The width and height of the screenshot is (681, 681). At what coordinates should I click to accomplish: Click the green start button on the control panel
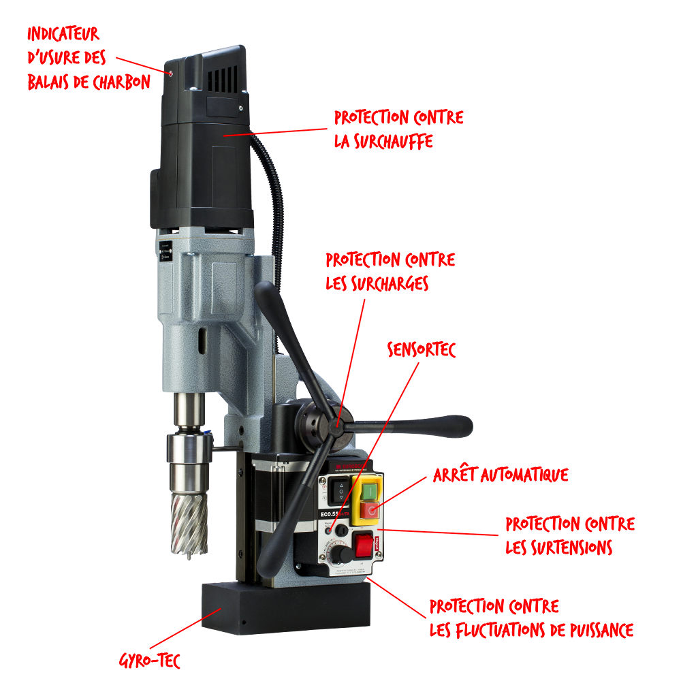click(368, 492)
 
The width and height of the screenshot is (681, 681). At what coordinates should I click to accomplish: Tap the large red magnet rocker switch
click(364, 545)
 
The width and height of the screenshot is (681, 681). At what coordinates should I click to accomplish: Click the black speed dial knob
click(342, 554)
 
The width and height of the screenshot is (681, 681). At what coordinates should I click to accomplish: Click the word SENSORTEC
click(422, 349)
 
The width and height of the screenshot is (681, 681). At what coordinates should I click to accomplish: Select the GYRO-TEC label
click(149, 661)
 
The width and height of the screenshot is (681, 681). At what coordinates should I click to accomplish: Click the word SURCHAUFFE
click(394, 142)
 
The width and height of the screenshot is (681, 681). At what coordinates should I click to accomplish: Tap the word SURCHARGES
click(390, 283)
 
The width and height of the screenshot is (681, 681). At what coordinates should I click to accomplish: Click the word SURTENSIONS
click(572, 548)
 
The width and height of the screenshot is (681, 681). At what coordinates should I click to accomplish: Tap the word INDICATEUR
click(63, 34)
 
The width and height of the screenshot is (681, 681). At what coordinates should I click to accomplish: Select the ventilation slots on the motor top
click(223, 80)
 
